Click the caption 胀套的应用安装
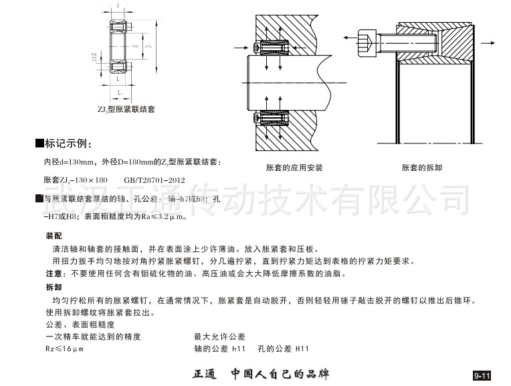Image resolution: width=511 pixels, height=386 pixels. click(x=294, y=168)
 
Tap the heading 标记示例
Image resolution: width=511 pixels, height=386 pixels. click(x=67, y=144)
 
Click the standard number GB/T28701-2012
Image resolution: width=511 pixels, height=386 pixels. click(x=155, y=180)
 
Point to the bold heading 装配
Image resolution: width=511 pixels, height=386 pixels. click(x=54, y=237)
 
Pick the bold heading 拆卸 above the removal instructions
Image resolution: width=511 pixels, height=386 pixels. click(x=54, y=286)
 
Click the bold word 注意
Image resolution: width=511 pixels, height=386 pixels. click(x=54, y=273)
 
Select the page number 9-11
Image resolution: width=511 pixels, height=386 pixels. click(x=482, y=375)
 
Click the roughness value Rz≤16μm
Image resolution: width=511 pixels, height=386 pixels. click(x=64, y=349)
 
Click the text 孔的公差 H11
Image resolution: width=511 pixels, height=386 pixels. click(x=284, y=349)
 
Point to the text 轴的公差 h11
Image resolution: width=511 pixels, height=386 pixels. click(x=220, y=349)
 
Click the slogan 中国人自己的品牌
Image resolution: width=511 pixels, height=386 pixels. click(x=280, y=373)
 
